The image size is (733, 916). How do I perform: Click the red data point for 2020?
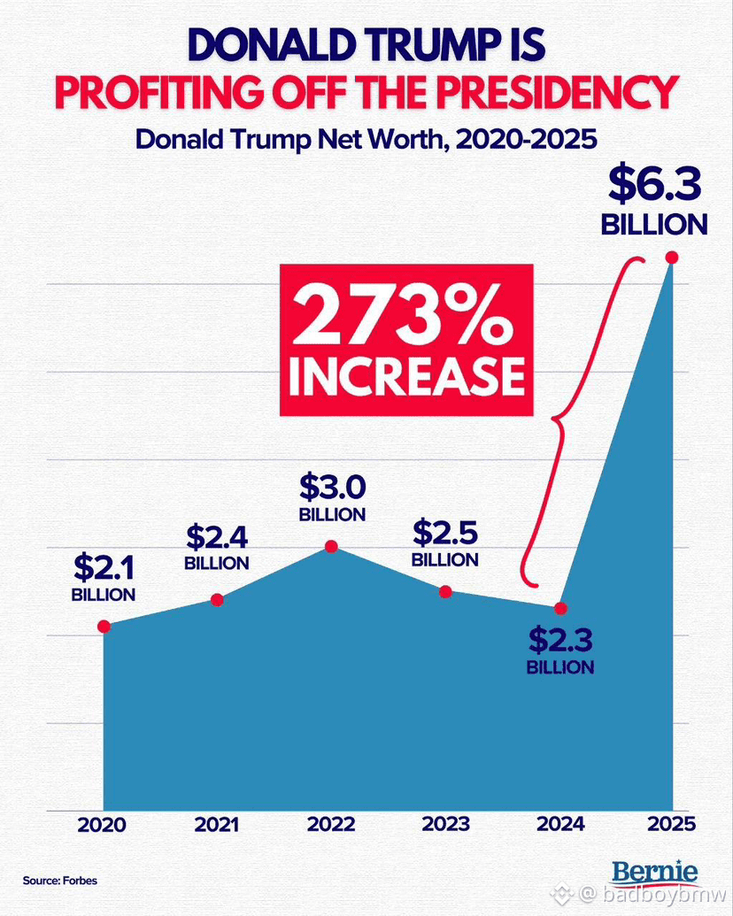(x=104, y=627)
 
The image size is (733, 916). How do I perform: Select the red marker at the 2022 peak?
(x=331, y=546)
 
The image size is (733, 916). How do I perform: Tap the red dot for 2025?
(x=671, y=258)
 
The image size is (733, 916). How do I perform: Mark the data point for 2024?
(x=559, y=608)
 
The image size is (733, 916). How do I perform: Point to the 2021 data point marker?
(x=217, y=600)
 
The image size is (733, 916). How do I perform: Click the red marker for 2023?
(x=445, y=591)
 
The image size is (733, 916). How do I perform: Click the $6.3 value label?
(x=654, y=186)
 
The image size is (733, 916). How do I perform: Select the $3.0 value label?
(x=332, y=488)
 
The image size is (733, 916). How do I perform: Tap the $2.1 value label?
(x=104, y=566)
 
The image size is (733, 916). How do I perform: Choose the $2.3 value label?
(x=559, y=639)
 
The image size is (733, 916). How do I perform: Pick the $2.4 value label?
(x=217, y=537)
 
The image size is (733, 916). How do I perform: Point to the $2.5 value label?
(x=445, y=534)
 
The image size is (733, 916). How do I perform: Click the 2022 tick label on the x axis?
(x=331, y=825)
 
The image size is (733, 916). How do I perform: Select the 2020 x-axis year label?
(x=101, y=825)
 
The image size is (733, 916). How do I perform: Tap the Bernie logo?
(x=655, y=873)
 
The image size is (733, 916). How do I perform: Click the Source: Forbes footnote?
(x=60, y=881)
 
